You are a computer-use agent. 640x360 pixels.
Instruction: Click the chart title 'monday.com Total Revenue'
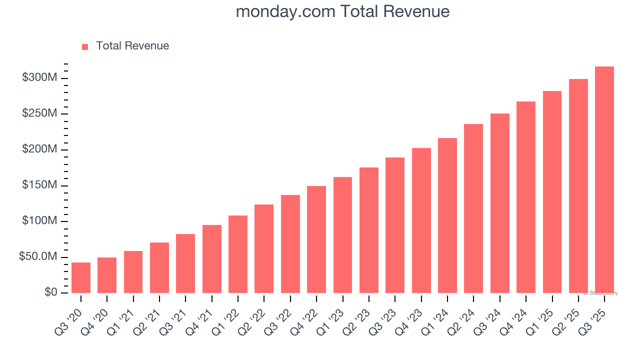[x=342, y=11]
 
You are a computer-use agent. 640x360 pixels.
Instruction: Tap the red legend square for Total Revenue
[x=85, y=47]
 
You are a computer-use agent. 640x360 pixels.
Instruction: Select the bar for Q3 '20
[x=81, y=278]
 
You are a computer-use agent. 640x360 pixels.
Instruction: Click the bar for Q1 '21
[x=133, y=272]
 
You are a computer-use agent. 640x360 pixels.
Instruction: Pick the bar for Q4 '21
[x=211, y=259]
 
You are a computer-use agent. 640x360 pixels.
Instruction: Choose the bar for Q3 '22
[x=290, y=244]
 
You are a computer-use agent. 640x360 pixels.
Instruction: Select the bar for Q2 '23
[x=368, y=230]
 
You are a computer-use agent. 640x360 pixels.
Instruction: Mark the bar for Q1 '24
[x=447, y=215]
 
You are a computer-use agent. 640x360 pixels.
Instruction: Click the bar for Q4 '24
[x=525, y=197]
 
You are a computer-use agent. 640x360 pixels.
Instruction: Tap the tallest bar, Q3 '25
[x=604, y=180]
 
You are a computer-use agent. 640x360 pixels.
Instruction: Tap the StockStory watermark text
[x=601, y=293]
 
